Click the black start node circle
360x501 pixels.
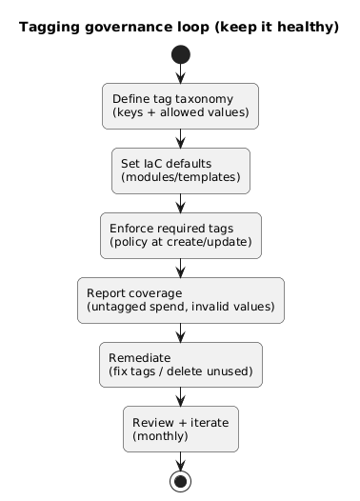point(180,54)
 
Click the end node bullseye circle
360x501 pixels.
point(180,481)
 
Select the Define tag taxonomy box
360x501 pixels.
point(180,106)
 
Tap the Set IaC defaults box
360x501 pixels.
point(180,170)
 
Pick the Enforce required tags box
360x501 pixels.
point(180,235)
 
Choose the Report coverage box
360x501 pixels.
point(180,300)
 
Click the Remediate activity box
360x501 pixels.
point(180,365)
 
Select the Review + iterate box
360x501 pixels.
point(180,430)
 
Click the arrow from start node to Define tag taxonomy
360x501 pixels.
point(180,73)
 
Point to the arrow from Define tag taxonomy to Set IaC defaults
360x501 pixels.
point(180,138)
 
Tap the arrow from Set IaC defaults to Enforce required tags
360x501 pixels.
point(180,203)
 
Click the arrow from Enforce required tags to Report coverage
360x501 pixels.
point(180,268)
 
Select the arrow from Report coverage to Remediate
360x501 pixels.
point(180,332)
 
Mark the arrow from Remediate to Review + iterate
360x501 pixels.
point(180,397)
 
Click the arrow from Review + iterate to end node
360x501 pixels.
point(180,461)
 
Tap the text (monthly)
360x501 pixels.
point(160,436)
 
